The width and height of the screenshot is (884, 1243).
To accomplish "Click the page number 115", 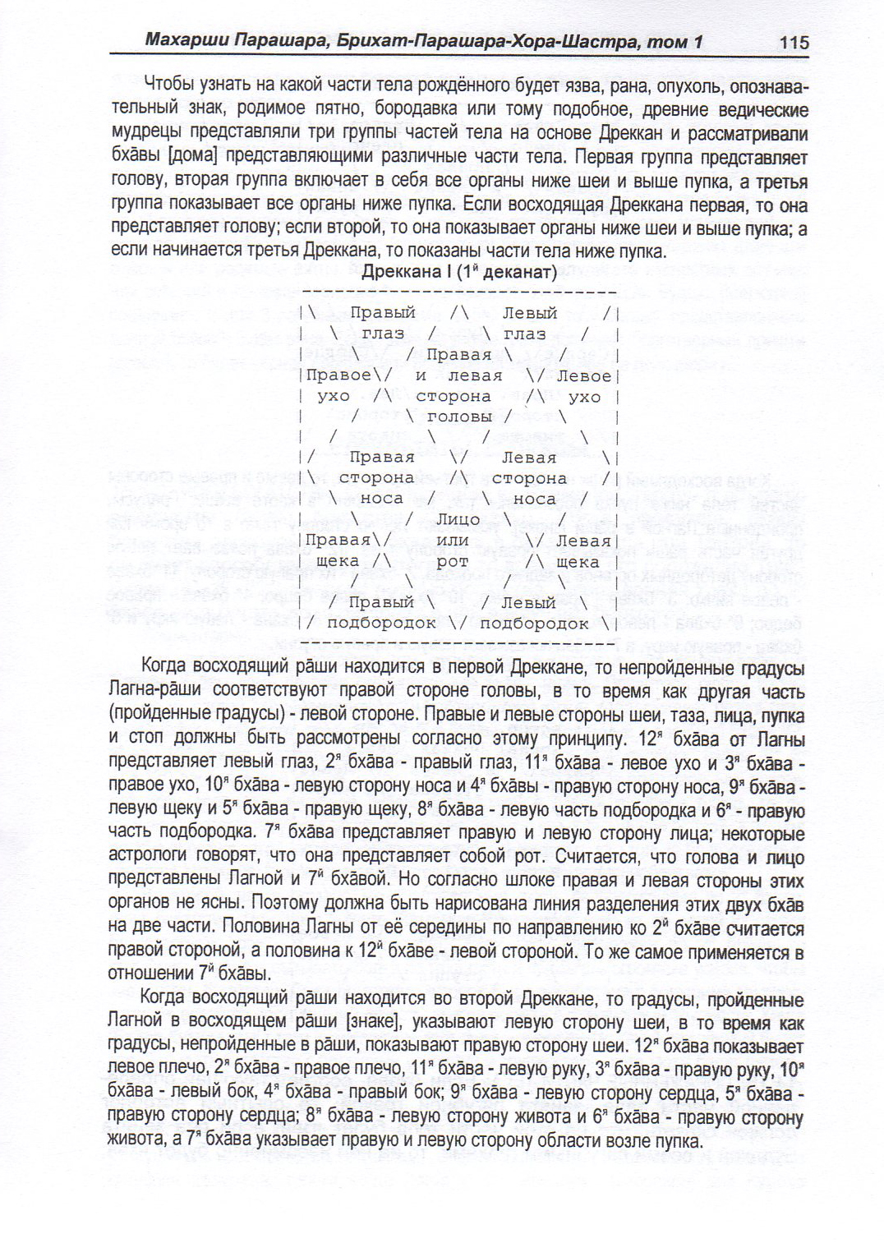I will [794, 42].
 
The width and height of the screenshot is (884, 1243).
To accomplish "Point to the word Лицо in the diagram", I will [458, 519].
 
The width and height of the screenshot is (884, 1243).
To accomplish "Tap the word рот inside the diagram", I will [453, 562].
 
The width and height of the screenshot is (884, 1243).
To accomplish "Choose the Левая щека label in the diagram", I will [582, 551].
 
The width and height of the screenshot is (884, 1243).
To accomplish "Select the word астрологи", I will [150, 857].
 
